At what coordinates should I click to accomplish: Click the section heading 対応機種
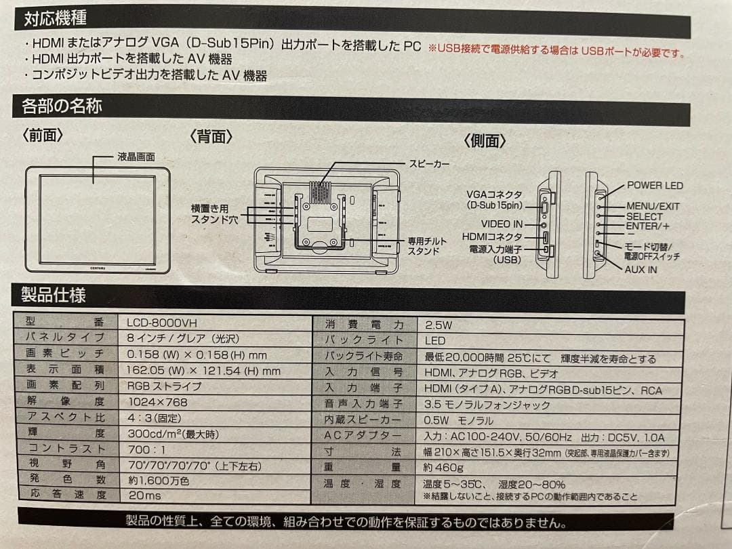55,18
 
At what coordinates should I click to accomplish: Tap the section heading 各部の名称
62,106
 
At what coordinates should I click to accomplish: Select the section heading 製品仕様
54,295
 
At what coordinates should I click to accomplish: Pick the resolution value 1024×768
157,402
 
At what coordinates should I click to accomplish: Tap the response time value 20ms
144,495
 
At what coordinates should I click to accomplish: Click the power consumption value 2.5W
438,325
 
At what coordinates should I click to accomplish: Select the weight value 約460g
443,467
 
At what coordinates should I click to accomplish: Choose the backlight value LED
434,341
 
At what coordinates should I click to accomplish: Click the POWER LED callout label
654,185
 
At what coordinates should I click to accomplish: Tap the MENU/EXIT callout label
653,206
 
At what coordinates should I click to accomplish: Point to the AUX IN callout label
640,269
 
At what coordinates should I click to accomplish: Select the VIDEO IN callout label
502,224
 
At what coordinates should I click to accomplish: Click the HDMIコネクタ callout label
492,237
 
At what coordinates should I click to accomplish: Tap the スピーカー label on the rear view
429,164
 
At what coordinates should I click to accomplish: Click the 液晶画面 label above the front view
136,157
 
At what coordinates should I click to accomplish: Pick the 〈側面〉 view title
485,140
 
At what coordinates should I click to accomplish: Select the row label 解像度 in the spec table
66,402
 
